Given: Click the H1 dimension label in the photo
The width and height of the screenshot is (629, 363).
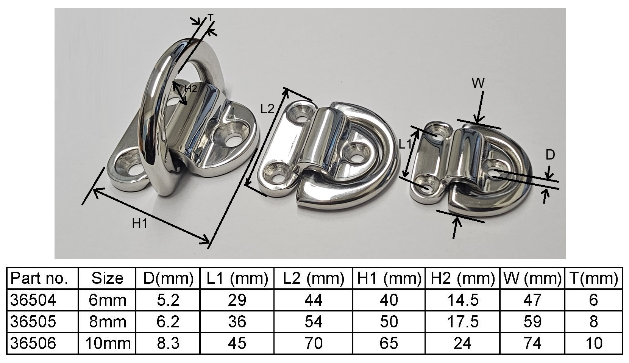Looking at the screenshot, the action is pyautogui.click(x=140, y=224).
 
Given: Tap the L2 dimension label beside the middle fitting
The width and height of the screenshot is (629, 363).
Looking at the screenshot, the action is pyautogui.click(x=267, y=109).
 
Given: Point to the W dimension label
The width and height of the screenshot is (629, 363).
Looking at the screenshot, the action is pyautogui.click(x=478, y=83).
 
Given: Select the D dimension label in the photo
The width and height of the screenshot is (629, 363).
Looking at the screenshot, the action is pyautogui.click(x=550, y=155).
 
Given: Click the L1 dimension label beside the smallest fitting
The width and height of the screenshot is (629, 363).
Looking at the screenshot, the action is pyautogui.click(x=405, y=144).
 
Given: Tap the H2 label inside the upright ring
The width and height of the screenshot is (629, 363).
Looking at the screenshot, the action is pyautogui.click(x=191, y=89).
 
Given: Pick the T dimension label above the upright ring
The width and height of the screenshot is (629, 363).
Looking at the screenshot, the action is pyautogui.click(x=211, y=18).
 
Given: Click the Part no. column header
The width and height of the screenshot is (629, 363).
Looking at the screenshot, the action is pyautogui.click(x=39, y=279).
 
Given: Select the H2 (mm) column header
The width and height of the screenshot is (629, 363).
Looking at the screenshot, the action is pyautogui.click(x=462, y=279).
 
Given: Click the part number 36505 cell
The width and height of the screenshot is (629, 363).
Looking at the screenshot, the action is pyautogui.click(x=33, y=321).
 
